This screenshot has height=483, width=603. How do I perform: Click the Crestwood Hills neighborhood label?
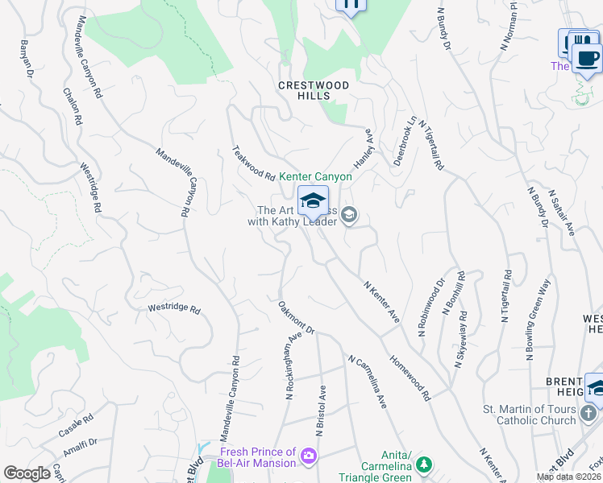(314, 90)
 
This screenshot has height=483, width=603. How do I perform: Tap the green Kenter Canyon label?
(315, 176)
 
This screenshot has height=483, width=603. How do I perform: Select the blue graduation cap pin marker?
(313, 201)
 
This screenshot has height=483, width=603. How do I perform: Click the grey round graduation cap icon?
(349, 215)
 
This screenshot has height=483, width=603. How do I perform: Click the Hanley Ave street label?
(364, 146)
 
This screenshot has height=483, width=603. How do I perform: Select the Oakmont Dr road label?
(296, 317)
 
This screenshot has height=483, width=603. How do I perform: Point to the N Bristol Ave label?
(320, 410)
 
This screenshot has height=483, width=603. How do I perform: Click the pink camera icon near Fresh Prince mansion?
(308, 458)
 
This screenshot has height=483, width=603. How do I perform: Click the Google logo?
(27, 473)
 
